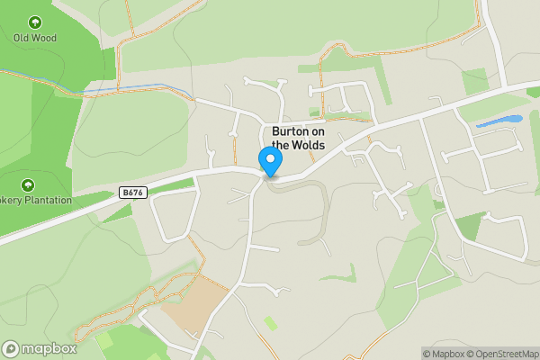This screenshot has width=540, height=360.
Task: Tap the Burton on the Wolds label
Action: pyautogui.click(x=298, y=138)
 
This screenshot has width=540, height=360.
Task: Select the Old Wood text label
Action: pyautogui.click(x=34, y=38)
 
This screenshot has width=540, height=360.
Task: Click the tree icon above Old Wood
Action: pyautogui.click(x=35, y=22)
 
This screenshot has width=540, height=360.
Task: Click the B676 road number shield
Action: pyautogui.click(x=132, y=193)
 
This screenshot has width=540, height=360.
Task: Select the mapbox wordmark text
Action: pyautogui.click(x=49, y=349)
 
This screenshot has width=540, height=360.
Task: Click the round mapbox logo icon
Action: pyautogui.click(x=12, y=349)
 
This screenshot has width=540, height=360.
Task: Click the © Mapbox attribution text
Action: pyautogui.click(x=443, y=354)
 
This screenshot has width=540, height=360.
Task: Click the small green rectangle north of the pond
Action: pyautogui.click(x=475, y=81)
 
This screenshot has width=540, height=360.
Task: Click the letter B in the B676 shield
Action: pyautogui.click(x=124, y=193)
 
